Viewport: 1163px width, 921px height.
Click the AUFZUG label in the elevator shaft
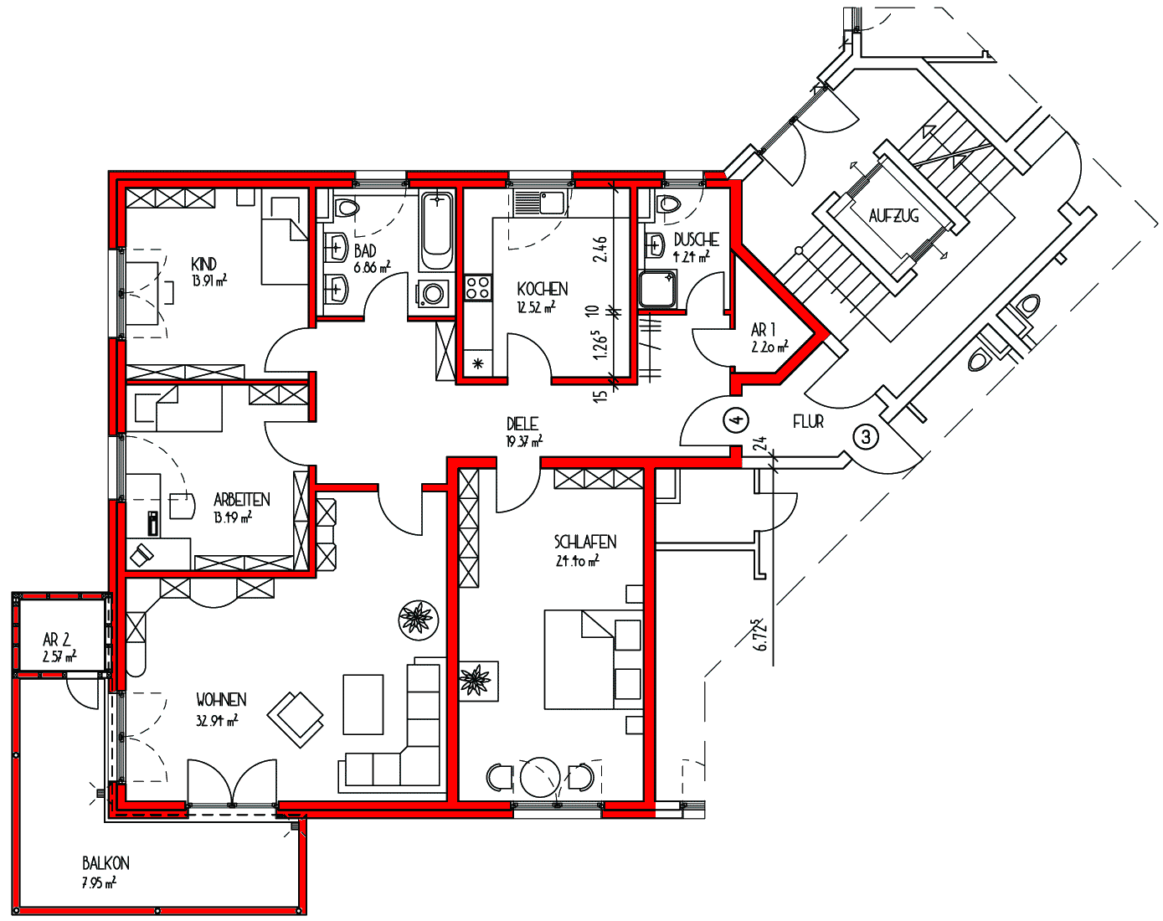pyautogui.click(x=893, y=216)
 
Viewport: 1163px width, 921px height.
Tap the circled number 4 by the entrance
pyautogui.click(x=737, y=420)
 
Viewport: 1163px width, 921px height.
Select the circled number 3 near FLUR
pyautogui.click(x=866, y=436)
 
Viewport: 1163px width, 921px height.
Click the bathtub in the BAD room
pyautogui.click(x=437, y=231)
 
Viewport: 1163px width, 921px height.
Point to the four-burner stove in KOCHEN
pyautogui.click(x=478, y=287)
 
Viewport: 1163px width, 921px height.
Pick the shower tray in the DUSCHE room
pyautogui.click(x=656, y=289)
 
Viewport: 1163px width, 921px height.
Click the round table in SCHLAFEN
pyautogui.click(x=539, y=777)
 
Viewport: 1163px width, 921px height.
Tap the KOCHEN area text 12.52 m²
pyautogui.click(x=536, y=308)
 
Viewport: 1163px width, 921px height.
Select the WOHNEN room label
pyautogui.click(x=221, y=700)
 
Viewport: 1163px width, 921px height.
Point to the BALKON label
pyautogui.click(x=106, y=863)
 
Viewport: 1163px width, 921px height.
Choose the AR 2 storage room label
pyautogui.click(x=56, y=640)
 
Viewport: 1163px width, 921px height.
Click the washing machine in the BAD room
pyautogui.click(x=432, y=294)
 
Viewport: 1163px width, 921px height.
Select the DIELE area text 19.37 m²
pyautogui.click(x=524, y=441)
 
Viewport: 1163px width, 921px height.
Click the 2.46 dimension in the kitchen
pyautogui.click(x=600, y=249)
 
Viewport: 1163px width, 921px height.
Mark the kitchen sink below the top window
pyautogui.click(x=539, y=203)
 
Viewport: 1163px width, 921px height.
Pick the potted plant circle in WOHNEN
pyautogui.click(x=419, y=620)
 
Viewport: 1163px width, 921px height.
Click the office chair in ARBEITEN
pyautogui.click(x=183, y=506)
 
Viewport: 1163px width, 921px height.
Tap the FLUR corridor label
pyautogui.click(x=809, y=422)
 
